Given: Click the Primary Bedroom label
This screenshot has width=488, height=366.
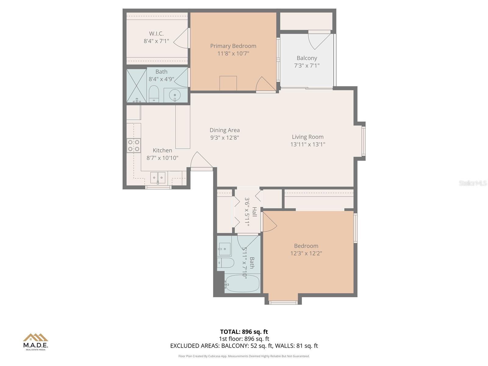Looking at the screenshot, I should pyautogui.click(x=233, y=46).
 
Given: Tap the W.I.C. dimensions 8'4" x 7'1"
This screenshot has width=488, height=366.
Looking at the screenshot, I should pyautogui.click(x=156, y=41).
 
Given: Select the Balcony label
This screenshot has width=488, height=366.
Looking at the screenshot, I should pyautogui.click(x=307, y=58).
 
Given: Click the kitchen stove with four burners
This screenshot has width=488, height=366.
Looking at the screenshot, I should pyautogui.click(x=134, y=145).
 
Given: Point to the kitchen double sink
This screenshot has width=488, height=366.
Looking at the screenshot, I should pyautogui.click(x=158, y=178).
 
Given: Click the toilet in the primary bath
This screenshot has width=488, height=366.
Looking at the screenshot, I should pyautogui.click(x=154, y=93).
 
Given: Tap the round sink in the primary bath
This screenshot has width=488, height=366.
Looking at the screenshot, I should pyautogui.click(x=175, y=95).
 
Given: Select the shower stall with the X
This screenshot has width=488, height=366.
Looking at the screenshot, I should pyautogui.click(x=136, y=85).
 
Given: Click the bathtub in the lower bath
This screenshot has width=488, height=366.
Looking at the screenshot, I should pyautogui.click(x=242, y=284).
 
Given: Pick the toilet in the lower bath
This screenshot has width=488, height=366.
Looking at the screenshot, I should pyautogui.click(x=226, y=263).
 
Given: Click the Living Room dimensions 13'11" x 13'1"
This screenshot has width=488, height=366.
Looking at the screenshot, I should pyautogui.click(x=307, y=145).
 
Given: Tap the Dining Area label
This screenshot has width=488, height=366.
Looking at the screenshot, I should pyautogui.click(x=224, y=130).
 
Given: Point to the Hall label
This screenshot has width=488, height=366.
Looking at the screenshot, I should pyautogui.click(x=254, y=212).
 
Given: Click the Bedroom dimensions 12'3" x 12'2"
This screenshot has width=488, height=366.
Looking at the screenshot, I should pyautogui.click(x=306, y=253).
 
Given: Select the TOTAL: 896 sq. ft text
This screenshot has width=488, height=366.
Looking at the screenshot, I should pyautogui.click(x=244, y=332).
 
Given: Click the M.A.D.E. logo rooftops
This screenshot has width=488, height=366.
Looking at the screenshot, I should pyautogui.click(x=36, y=337).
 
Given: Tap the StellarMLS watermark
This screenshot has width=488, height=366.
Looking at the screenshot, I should pyautogui.click(x=472, y=183).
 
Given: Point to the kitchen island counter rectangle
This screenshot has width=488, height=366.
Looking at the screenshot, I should pyautogui.click(x=183, y=127).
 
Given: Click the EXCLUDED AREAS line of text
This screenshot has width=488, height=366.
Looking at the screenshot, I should pyautogui.click(x=244, y=346).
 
